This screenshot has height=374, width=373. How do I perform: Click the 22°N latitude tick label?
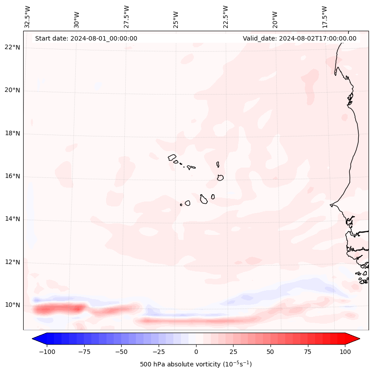[12, 48]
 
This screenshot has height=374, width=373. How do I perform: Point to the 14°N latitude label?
[12, 219]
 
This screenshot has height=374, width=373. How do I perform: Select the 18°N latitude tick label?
[12, 134]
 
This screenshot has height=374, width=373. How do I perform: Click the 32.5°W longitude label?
[28, 16]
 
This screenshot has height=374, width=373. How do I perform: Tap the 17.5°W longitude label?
[324, 16]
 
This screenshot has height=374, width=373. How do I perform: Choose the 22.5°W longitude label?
[225, 16]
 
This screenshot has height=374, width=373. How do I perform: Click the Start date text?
[86, 38]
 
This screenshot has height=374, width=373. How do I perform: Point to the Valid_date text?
[299, 38]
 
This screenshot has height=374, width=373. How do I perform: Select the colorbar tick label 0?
[196, 352]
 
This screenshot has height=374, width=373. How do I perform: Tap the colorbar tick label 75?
[308, 352]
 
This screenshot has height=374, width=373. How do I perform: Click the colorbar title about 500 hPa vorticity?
[196, 364]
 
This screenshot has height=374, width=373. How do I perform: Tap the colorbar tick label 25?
[234, 352]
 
